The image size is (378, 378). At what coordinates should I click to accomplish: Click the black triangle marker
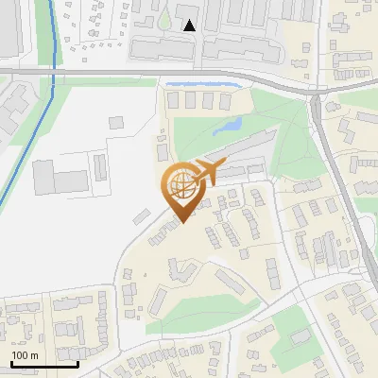[190, 26]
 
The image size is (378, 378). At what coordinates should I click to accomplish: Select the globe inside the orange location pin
[181, 186]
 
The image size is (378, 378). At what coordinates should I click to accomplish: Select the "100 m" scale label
[25, 355]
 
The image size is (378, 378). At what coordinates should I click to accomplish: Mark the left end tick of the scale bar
[10, 362]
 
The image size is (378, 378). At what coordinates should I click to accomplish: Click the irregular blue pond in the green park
[229, 126]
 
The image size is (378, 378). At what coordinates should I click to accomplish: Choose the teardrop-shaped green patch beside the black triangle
[165, 19]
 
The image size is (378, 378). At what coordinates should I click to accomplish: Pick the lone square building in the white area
[116, 123]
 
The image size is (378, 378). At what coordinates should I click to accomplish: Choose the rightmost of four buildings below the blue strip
[227, 100]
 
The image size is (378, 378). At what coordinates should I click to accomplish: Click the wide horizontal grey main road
[142, 73]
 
